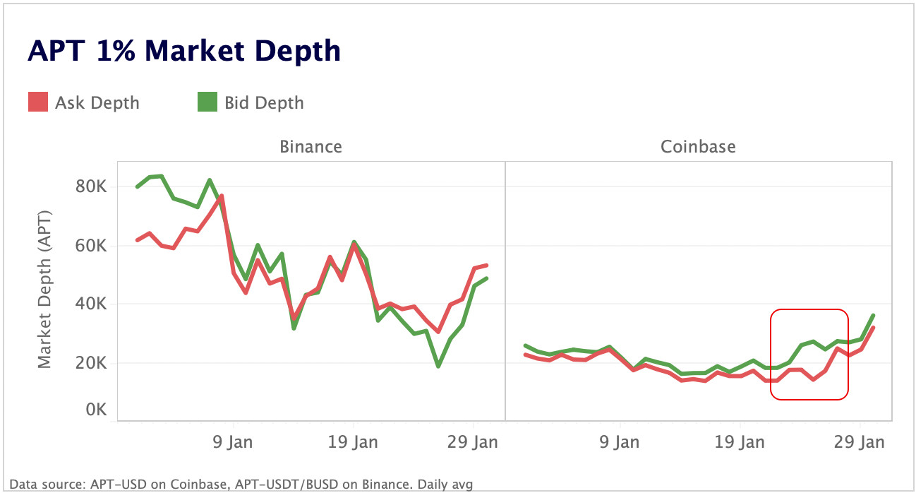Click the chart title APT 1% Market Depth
184,52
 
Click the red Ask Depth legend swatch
37,102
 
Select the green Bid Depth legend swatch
207,102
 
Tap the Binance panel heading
311,147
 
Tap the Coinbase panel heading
698,147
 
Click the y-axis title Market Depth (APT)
44,290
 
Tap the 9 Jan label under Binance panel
233,443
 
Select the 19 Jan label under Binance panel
353,443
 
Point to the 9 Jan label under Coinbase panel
620,443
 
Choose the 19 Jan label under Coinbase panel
740,443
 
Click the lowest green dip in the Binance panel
438,366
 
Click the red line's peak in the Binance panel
222,196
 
